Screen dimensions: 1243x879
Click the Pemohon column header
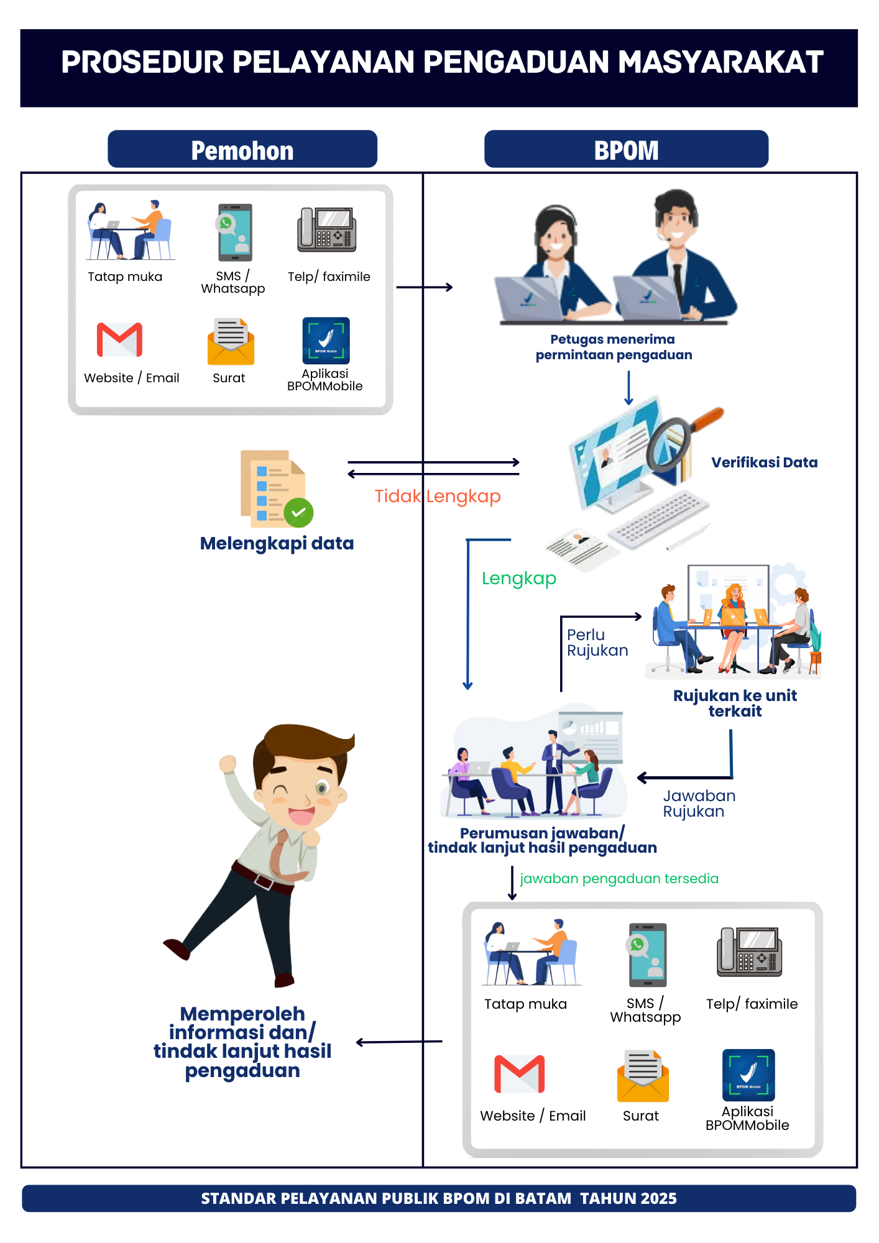242,149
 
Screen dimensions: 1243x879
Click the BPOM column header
626,149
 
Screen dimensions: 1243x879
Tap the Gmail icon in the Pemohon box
119,339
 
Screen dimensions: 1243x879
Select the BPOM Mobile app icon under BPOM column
748,1075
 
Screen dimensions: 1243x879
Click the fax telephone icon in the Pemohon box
327,230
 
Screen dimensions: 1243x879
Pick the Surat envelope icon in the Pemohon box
231,341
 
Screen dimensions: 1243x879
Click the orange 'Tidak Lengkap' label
437,496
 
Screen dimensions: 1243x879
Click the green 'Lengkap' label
519,578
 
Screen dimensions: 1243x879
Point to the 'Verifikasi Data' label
764,462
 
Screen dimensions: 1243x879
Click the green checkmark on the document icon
298,512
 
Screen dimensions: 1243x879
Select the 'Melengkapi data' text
277,543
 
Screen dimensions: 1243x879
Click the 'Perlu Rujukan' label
597,643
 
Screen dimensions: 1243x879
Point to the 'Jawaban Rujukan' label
699,804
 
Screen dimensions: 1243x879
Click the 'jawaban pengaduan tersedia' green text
619,878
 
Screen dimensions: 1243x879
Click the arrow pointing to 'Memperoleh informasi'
398,1042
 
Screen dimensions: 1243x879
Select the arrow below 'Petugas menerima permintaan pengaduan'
628,388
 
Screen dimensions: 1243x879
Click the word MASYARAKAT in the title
721,62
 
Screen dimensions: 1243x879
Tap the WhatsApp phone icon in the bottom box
647,955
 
